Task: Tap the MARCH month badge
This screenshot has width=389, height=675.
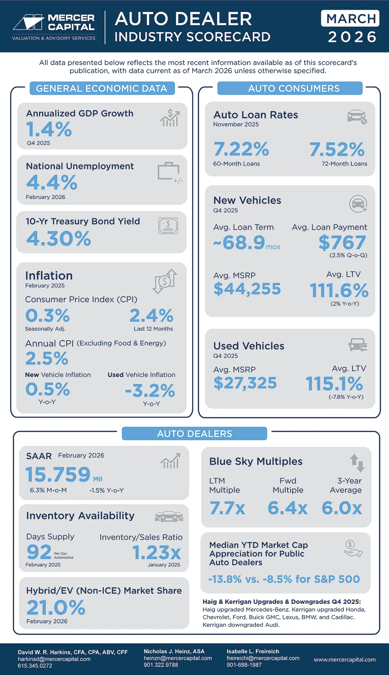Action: tap(350, 18)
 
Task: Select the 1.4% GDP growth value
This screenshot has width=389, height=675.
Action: tap(49, 129)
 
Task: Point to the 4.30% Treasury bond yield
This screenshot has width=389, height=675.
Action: tap(59, 239)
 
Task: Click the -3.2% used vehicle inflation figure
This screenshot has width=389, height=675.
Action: tap(150, 391)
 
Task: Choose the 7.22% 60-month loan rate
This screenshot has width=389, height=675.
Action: tap(241, 149)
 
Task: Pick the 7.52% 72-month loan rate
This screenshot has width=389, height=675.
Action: tap(337, 149)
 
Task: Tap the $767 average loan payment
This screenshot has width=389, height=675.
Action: tap(342, 243)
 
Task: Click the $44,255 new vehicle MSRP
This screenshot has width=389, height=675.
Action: tap(247, 289)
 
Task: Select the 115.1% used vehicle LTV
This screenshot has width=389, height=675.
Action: tap(334, 384)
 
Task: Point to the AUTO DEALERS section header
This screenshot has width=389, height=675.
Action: tap(194, 434)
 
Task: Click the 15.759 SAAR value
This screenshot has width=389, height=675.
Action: tap(58, 474)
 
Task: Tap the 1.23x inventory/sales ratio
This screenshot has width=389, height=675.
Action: tap(156, 552)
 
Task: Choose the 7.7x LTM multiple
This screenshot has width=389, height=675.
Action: tap(227, 508)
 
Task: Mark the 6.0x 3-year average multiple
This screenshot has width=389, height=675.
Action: tap(342, 508)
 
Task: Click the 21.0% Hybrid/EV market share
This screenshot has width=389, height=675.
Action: tap(56, 607)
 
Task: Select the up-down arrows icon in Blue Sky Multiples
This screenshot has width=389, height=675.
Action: tap(357, 463)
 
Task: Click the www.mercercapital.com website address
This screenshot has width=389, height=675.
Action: tap(345, 659)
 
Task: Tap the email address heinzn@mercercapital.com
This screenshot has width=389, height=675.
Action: tap(178, 658)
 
